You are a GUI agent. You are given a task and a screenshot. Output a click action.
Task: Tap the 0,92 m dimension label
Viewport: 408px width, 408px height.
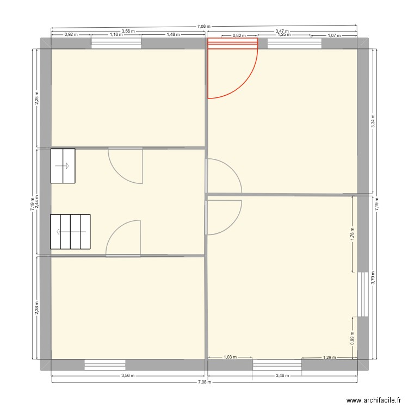(x=71, y=34)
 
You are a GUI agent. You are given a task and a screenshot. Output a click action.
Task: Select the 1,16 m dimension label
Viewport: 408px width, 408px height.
(x=115, y=34)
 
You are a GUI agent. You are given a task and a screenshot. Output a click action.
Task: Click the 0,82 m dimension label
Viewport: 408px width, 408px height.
(x=238, y=36)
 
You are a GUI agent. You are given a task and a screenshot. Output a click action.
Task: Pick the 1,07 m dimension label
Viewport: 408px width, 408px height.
(x=333, y=35)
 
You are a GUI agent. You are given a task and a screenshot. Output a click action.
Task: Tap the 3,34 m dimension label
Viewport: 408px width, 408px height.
(x=373, y=121)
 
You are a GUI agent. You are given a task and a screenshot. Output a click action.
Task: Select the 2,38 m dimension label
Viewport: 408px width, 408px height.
(x=36, y=308)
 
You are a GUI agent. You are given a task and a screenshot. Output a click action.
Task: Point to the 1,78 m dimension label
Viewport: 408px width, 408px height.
(x=353, y=234)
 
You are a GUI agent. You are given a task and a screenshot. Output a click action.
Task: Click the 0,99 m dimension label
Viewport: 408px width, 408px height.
(x=353, y=338)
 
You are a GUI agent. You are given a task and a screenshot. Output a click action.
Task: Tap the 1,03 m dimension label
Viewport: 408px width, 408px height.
(x=230, y=357)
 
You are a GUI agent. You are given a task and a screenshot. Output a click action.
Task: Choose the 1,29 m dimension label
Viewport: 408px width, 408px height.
(x=329, y=357)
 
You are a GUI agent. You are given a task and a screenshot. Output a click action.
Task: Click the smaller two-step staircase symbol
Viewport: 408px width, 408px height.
(x=63, y=166)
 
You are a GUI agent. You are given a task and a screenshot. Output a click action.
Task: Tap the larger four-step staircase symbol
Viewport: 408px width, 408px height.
(x=70, y=232)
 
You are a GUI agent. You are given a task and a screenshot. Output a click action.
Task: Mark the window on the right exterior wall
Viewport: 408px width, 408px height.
(x=361, y=294)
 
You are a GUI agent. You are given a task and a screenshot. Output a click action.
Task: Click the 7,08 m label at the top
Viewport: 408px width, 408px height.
(x=203, y=26)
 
